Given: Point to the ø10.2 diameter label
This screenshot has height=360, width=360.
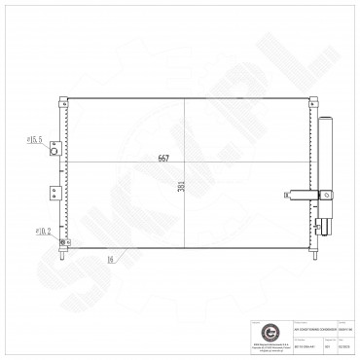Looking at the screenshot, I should click(43, 231).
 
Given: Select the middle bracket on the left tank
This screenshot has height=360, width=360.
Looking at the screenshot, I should click(56, 192).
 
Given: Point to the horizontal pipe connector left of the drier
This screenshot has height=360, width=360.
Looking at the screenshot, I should click(299, 195).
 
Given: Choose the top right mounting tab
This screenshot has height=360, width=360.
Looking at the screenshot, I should click(311, 98).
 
